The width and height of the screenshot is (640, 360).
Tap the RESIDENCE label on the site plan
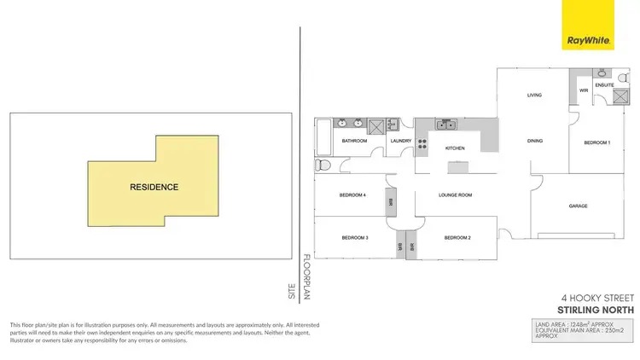(154, 187)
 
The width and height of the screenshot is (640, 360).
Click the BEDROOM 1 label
(596, 142)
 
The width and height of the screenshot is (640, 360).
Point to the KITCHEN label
(455, 148)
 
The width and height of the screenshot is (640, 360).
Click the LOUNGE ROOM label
(455, 195)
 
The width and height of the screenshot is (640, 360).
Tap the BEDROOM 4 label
(352, 195)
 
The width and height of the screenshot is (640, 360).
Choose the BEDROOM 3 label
(354, 237)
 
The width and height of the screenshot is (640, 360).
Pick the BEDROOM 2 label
(457, 237)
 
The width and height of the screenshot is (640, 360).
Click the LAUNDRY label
(401, 141)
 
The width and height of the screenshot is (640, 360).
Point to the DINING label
(535, 141)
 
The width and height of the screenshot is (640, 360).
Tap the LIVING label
(535, 95)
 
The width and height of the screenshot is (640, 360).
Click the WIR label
(584, 90)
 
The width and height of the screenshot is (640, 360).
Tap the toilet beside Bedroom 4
(322, 165)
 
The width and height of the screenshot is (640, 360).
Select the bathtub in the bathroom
(323, 136)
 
